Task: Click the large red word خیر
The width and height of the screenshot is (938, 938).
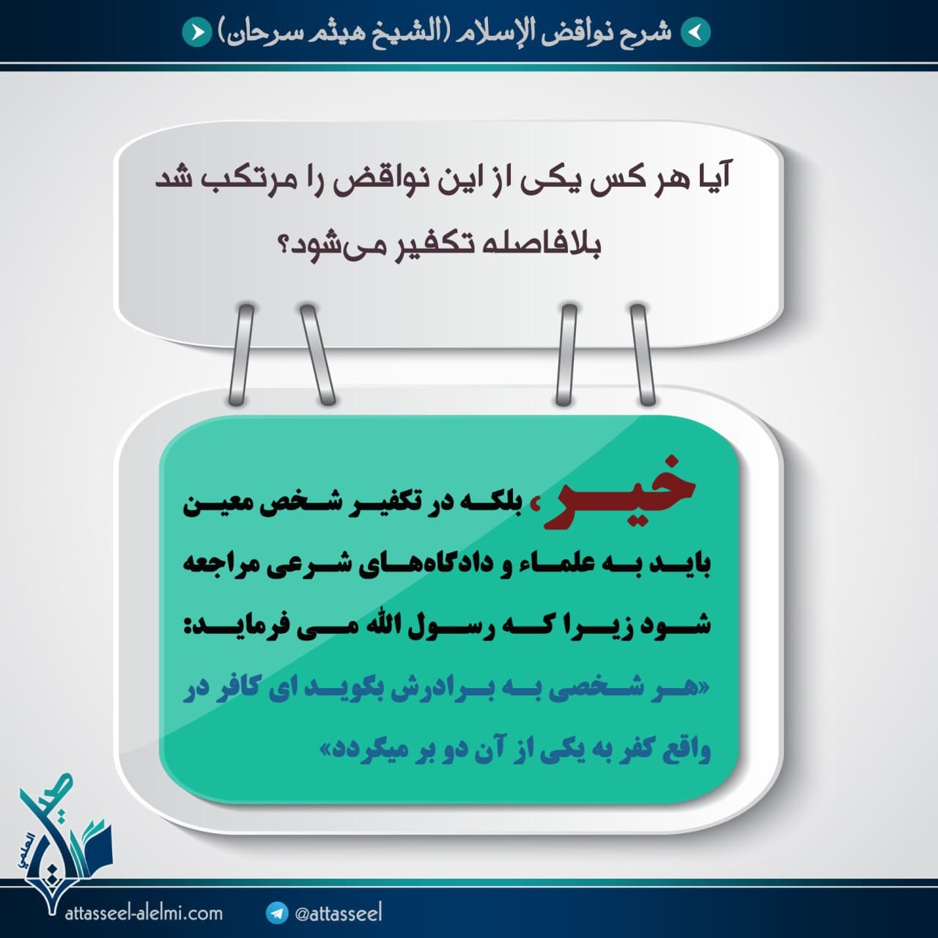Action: (618, 492)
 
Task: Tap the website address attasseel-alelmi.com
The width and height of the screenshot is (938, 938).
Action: (144, 913)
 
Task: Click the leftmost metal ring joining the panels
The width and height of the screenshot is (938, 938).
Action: (242, 355)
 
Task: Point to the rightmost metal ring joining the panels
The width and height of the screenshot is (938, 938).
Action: (643, 355)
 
